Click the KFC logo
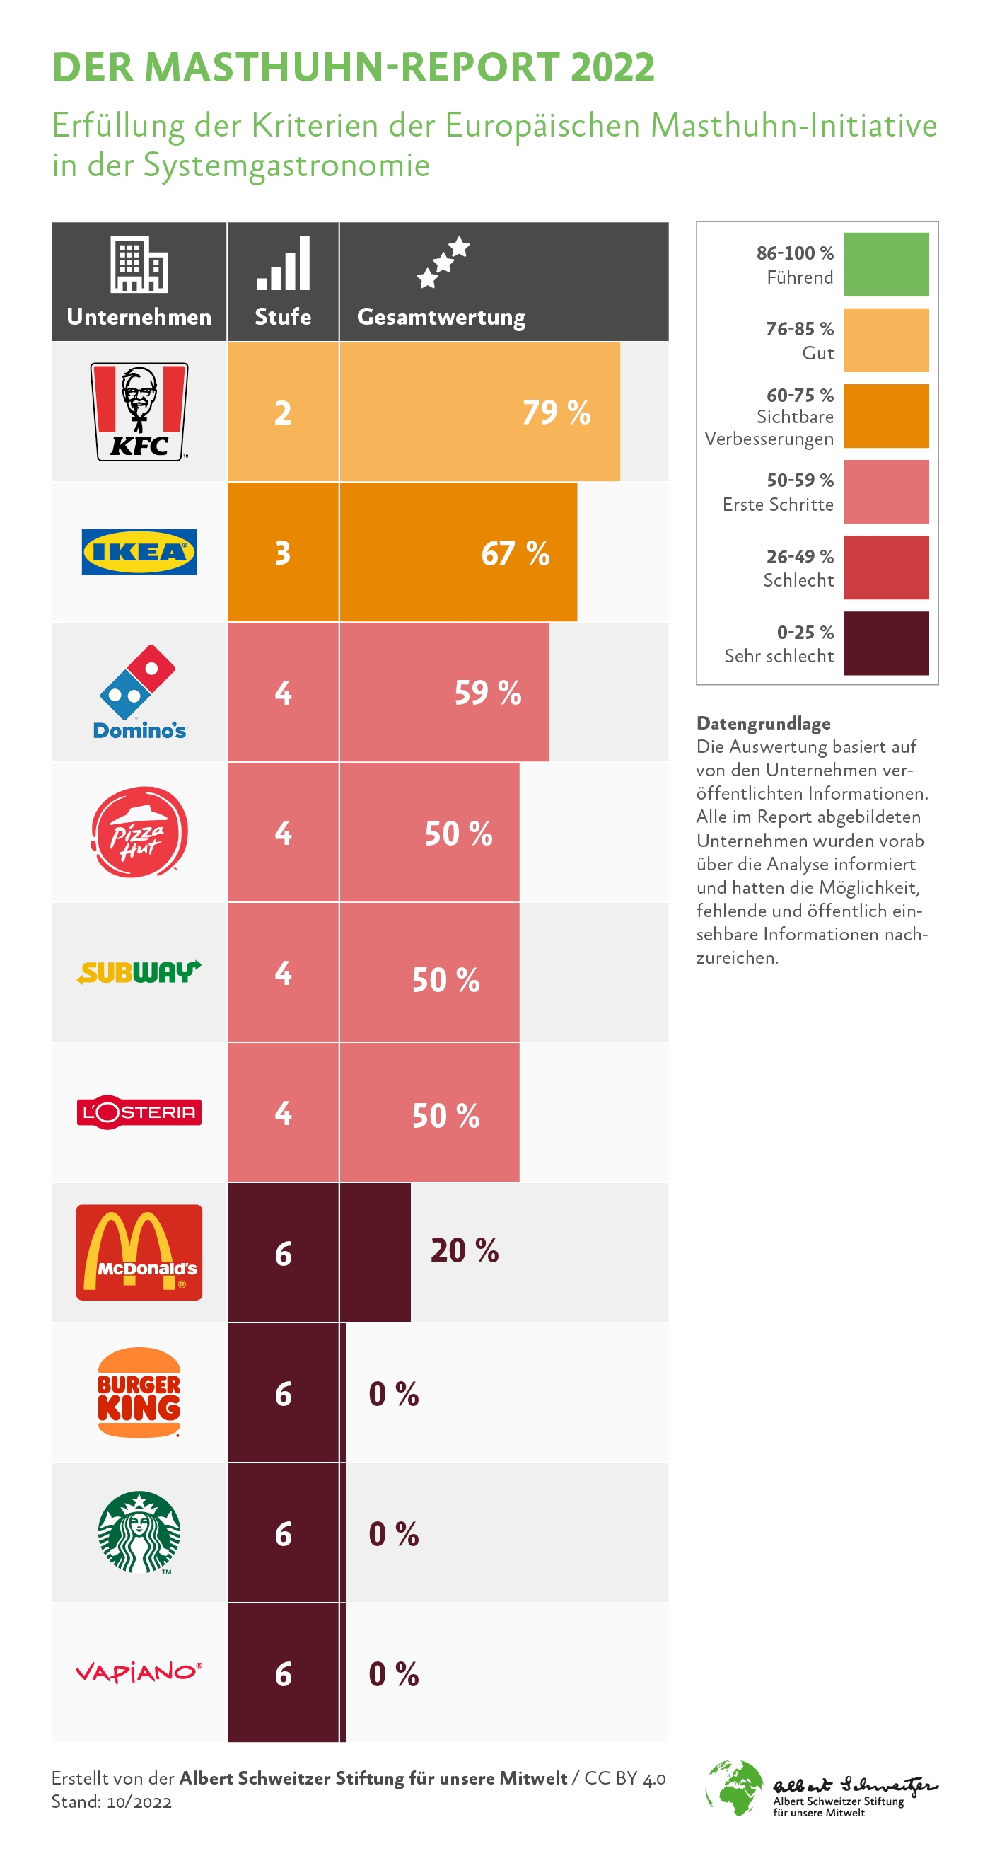[x=139, y=411]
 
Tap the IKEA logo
[x=139, y=552]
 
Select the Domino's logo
[x=139, y=692]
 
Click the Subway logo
[x=139, y=972]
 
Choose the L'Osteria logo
[x=139, y=1112]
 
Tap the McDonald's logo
[x=139, y=1252]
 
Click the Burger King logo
[x=139, y=1392]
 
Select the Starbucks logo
[x=139, y=1531]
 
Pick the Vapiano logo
[x=139, y=1672]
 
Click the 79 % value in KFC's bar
[x=557, y=413]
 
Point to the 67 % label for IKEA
[x=516, y=553]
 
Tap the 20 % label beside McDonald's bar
[x=465, y=1251]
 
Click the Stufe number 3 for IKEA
[x=283, y=553]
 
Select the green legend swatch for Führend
[x=885, y=265]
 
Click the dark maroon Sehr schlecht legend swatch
[x=885, y=643]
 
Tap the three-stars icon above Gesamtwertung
[x=443, y=262]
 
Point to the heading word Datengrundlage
[x=763, y=723]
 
